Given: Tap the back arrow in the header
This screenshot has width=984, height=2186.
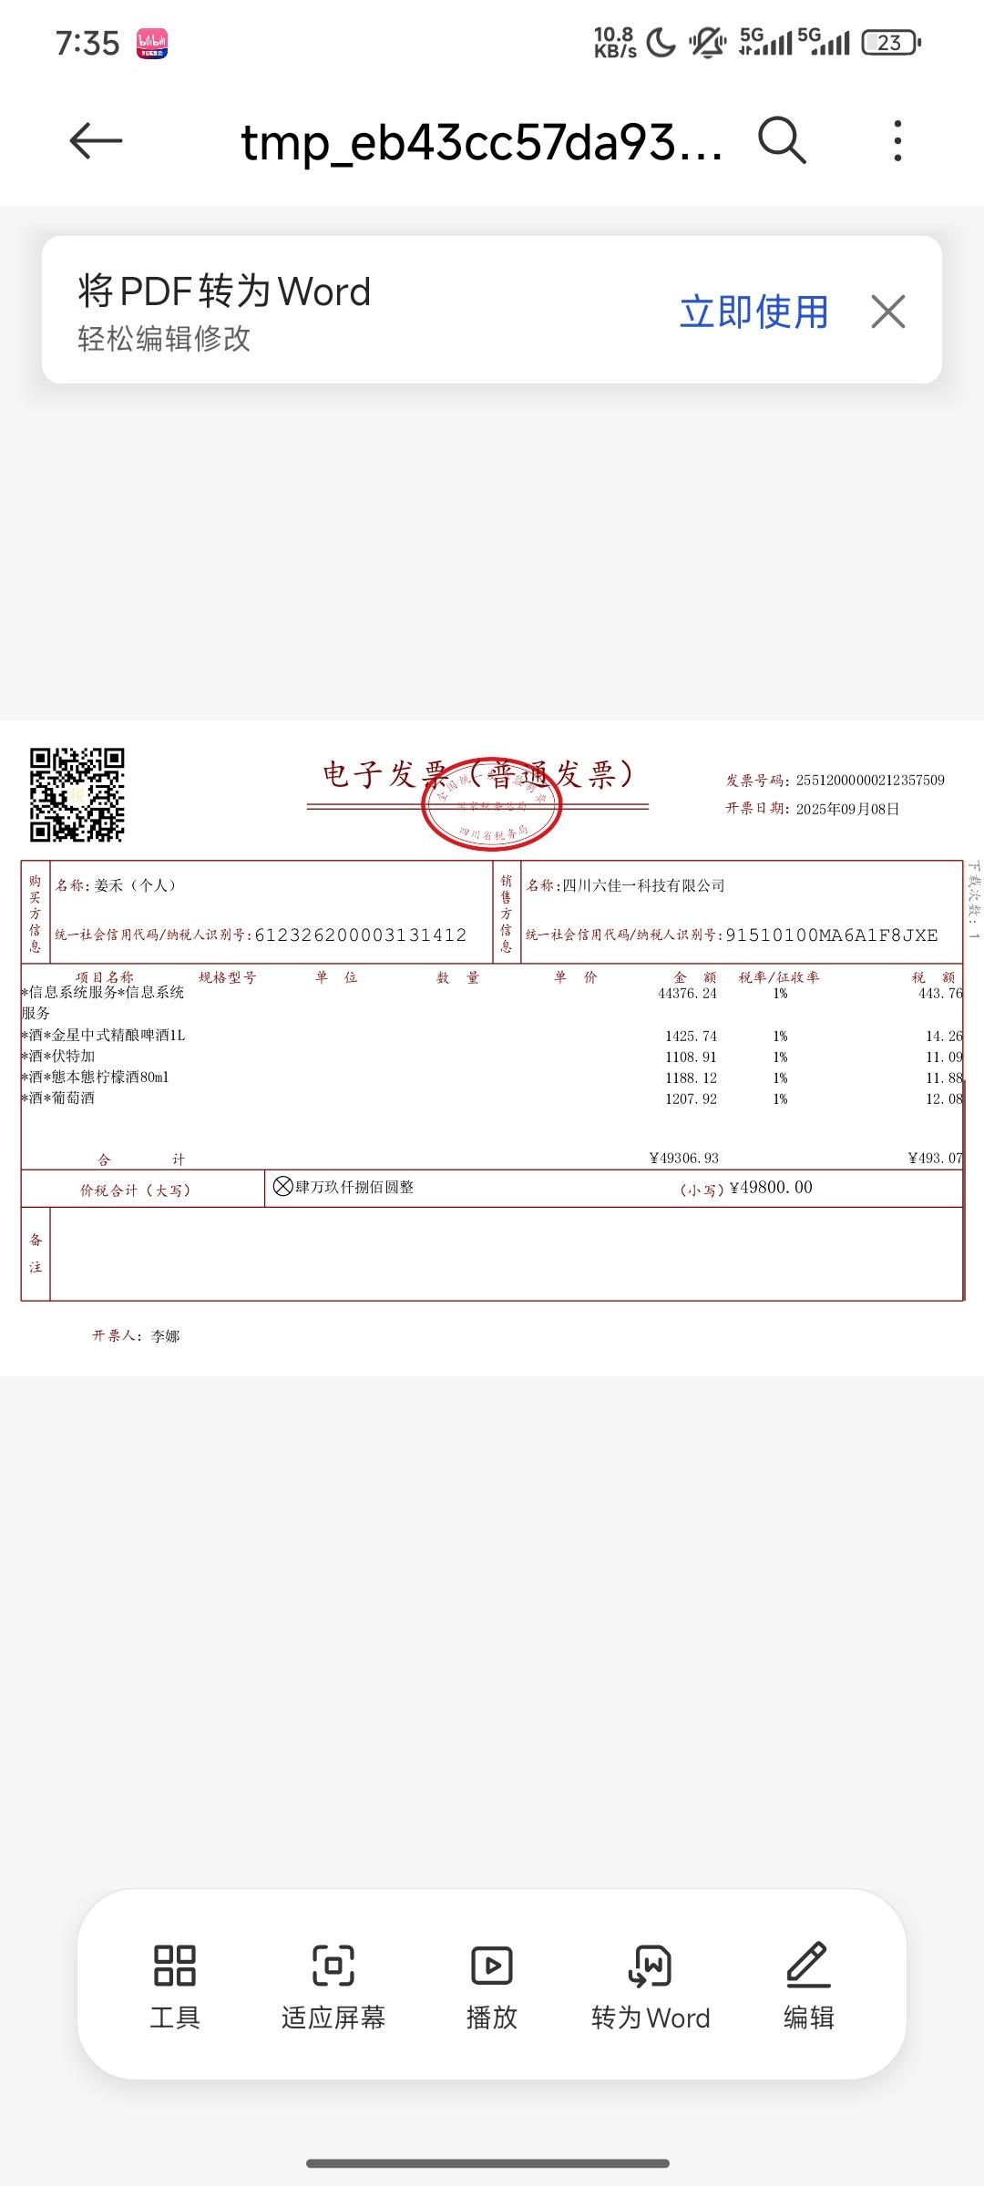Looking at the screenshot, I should (x=96, y=140).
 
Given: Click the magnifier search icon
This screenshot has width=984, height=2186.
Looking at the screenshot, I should (x=782, y=140).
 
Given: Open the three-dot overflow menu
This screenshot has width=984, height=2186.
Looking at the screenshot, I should (x=897, y=140).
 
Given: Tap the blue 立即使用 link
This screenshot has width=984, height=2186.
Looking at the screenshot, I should (x=754, y=312).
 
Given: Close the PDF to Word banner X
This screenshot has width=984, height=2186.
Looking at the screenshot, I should (x=887, y=312).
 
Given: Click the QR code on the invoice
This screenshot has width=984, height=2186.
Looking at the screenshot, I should (x=77, y=794).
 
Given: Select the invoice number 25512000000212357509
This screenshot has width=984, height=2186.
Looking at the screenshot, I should (x=870, y=781).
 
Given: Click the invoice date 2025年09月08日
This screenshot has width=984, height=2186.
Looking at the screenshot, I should (x=847, y=809).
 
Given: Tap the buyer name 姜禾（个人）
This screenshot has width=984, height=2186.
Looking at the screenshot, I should (x=135, y=885).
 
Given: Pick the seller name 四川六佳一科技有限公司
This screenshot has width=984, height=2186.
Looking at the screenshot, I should (x=643, y=885).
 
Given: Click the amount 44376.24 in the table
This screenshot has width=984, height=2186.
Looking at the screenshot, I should (x=687, y=994).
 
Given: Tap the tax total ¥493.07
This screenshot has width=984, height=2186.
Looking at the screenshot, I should (x=935, y=1159).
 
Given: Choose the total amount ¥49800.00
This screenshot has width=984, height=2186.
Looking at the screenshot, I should (x=771, y=1188).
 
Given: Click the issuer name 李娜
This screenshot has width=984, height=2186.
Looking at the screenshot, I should (x=165, y=1336).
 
